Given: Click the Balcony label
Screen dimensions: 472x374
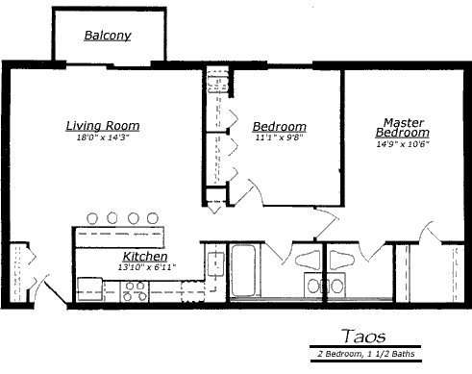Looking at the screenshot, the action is pos(108,36).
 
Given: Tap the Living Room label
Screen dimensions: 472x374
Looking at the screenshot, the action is pos(103,126).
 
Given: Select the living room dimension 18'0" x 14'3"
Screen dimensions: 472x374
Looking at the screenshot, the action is pos(103,137).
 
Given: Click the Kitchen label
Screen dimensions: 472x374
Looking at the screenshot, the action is pos(145,257).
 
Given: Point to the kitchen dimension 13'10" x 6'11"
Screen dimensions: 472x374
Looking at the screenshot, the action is pos(147,267).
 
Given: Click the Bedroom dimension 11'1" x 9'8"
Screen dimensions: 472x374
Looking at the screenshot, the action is pos(279,137).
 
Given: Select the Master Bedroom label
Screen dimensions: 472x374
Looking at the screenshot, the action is pos(403,127).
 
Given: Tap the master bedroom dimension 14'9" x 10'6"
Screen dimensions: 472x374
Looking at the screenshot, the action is pos(403,144).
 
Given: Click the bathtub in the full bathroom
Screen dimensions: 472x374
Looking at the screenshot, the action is pos(243,270).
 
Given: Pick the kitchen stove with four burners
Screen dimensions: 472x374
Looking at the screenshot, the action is pos(135,291).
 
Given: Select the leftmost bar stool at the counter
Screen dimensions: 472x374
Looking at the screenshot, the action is pos(92,218).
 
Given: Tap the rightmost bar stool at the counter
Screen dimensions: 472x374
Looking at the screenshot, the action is pos(153,218).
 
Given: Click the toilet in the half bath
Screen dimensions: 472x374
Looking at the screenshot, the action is pos(342,260).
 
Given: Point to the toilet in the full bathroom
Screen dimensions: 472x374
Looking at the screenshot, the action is pos(308,260).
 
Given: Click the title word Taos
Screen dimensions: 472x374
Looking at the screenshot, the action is pos(364,337).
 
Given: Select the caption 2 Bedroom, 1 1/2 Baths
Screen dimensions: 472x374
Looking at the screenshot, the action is pos(366,354).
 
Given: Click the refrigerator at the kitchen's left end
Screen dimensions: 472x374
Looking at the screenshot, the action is pos(90,289).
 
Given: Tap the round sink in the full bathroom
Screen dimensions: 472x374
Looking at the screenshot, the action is pos(313,286).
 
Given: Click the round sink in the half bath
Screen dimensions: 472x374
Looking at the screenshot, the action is pos(336,286).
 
